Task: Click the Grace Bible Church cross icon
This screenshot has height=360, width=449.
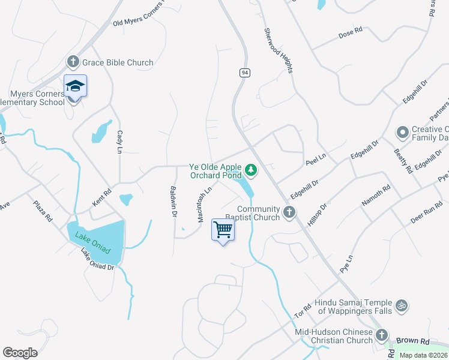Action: (x=73, y=61)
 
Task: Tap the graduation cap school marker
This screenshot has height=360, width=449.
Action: (x=76, y=86)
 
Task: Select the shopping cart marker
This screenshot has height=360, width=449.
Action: (x=223, y=229)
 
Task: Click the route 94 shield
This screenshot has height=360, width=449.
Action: (x=244, y=73)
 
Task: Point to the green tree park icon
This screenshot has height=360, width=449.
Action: (x=251, y=171)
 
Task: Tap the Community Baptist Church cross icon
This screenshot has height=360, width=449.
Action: (x=290, y=212)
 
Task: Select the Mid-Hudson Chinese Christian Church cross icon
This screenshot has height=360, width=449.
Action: (x=383, y=336)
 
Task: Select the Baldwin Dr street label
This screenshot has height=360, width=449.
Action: (x=173, y=200)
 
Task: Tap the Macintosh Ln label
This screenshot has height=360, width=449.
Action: (x=205, y=204)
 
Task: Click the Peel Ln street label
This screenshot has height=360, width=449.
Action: (x=315, y=159)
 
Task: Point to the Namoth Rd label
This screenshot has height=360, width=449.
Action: (x=376, y=196)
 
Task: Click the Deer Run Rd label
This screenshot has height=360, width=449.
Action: (x=426, y=211)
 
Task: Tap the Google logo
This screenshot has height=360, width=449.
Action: (x=20, y=353)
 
